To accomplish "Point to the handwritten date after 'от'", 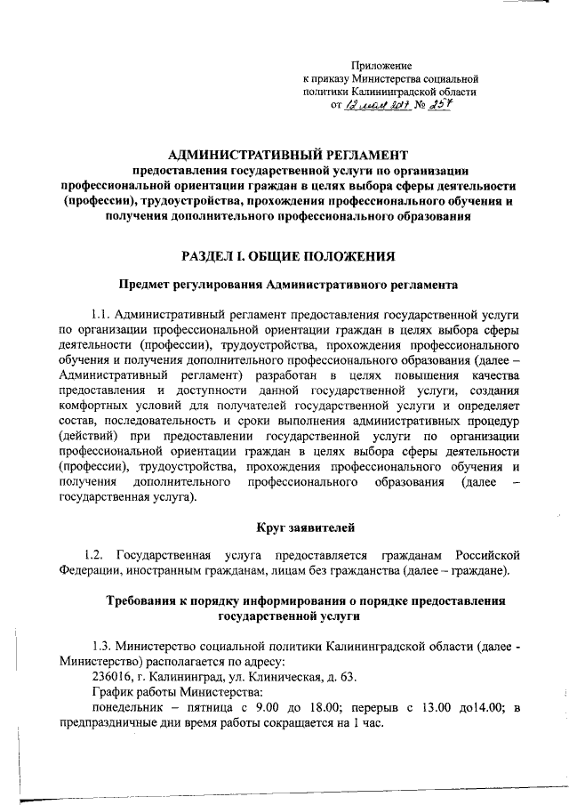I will pos(373,105).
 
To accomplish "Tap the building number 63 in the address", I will pos(350,677).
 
